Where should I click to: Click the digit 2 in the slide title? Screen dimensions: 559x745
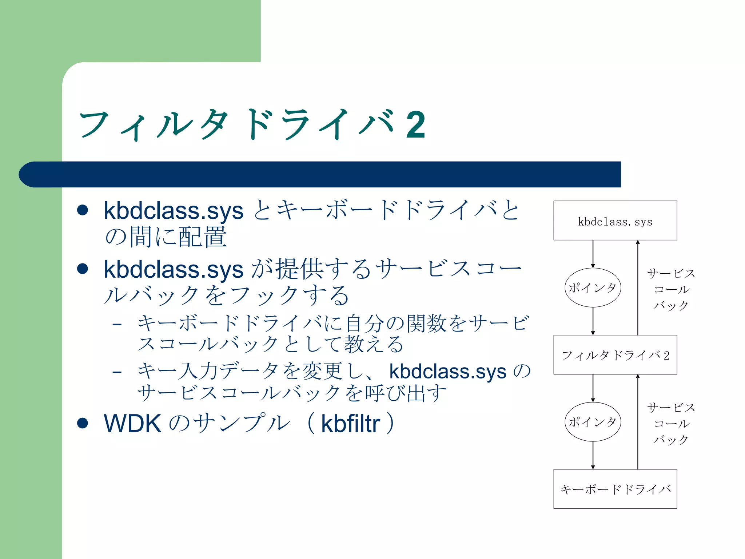tap(415, 125)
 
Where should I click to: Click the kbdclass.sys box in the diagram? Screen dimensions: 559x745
tap(615, 221)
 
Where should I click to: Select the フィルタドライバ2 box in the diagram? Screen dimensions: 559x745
tap(615, 355)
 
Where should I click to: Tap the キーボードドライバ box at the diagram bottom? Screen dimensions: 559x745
tap(615, 489)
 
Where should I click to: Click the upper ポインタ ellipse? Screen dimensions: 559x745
tap(593, 288)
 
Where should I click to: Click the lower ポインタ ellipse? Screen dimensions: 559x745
tap(593, 422)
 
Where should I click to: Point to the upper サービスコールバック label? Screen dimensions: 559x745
tap(671, 289)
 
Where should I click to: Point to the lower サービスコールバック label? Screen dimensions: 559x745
tap(671, 423)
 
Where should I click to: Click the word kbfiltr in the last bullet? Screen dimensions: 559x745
tap(350, 424)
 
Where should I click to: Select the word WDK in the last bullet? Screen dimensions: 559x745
tap(132, 424)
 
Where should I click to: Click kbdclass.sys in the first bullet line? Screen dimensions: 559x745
tap(174, 211)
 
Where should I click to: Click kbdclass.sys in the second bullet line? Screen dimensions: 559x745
tap(174, 270)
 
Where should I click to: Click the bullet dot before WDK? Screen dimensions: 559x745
tap(83, 423)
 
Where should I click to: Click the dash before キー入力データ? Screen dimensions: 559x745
tap(117, 372)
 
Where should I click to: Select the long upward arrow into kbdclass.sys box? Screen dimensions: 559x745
tap(638, 288)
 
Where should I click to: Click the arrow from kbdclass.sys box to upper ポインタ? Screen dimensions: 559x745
tap(593, 254)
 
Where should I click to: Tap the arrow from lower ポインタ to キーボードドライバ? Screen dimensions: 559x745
tap(593, 455)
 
